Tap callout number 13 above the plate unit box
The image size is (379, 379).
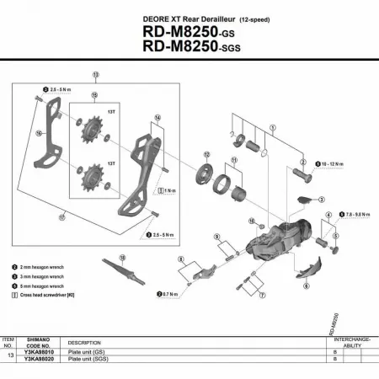[95, 75]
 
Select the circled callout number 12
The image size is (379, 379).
[206, 154]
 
